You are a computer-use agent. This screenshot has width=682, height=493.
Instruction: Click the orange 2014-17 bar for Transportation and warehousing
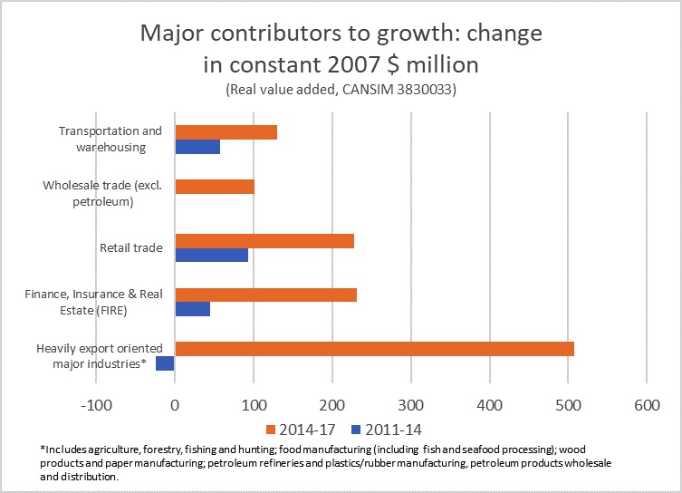[x=226, y=132]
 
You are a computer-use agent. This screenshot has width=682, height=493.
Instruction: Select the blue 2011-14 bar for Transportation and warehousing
[x=197, y=147]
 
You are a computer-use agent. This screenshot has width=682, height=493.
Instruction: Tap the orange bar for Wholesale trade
[x=215, y=187]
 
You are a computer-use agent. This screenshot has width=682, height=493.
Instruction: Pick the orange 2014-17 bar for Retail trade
[x=264, y=241]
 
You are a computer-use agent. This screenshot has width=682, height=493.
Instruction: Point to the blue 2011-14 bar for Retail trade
[x=211, y=256]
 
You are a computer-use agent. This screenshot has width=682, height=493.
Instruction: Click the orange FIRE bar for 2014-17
[x=265, y=295]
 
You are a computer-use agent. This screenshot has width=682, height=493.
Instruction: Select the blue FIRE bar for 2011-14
[x=192, y=309]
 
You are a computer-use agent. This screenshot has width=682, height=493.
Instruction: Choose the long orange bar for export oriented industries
[x=374, y=349]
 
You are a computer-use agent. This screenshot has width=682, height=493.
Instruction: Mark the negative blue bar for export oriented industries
[x=165, y=363]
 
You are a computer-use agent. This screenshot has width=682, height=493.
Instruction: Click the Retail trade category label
[x=130, y=247]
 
